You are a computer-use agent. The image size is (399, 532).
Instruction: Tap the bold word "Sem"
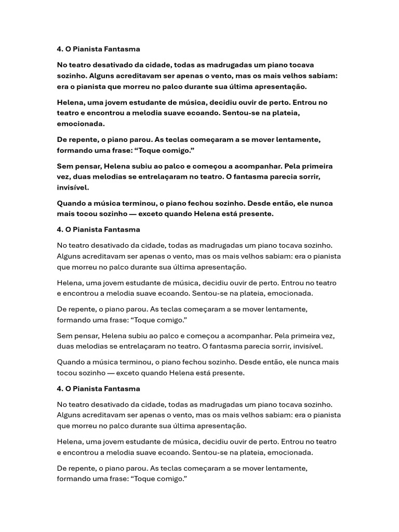(x=64, y=166)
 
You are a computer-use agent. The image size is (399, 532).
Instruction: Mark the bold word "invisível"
(x=73, y=188)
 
